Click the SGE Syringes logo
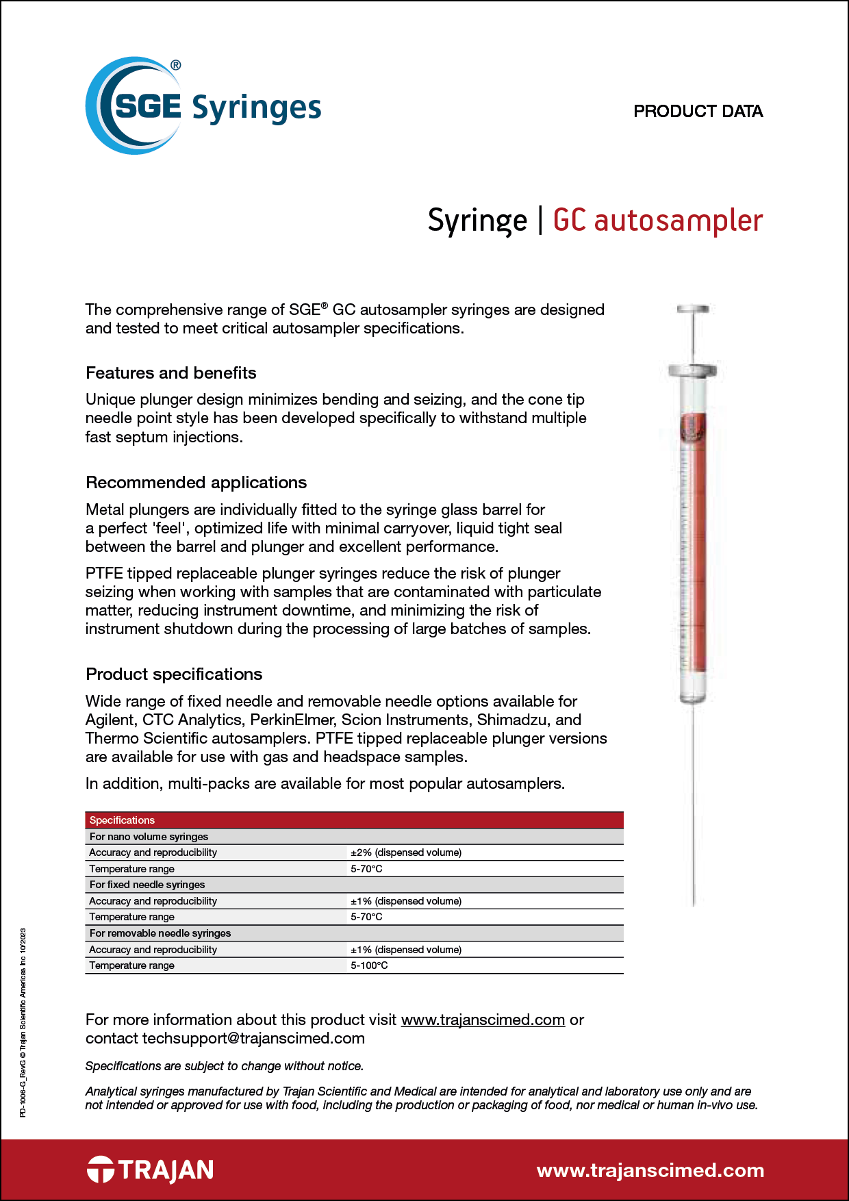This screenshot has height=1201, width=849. click(203, 106)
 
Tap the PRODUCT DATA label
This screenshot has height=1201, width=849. click(698, 111)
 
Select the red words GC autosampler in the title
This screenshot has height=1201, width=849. click(657, 220)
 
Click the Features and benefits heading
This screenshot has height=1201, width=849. click(171, 373)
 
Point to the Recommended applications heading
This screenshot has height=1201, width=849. click(196, 483)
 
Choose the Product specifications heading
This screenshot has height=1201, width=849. click(174, 674)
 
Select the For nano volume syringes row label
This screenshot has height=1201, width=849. click(149, 837)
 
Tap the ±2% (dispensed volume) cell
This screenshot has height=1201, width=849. click(406, 852)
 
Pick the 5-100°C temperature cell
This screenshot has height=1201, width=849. click(369, 965)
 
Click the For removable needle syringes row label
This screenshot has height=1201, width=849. click(160, 933)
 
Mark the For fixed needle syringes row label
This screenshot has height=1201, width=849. click(147, 885)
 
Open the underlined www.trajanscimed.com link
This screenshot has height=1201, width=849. click(483, 1020)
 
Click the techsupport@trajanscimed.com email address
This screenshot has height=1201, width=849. click(253, 1038)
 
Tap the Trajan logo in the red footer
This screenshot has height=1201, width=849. click(150, 1170)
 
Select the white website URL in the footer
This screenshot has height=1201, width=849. click(650, 1170)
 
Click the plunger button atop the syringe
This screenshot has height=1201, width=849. click(693, 309)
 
